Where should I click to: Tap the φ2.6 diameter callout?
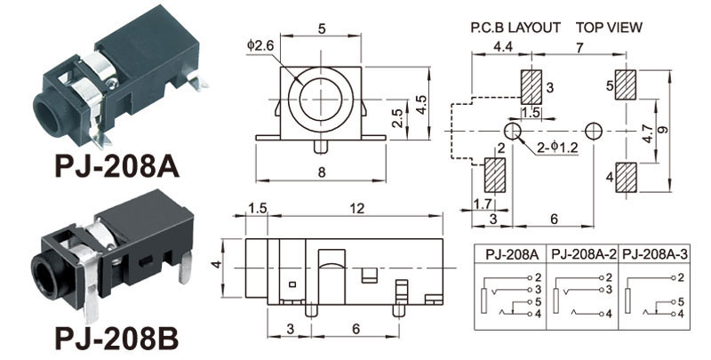pos(261,45)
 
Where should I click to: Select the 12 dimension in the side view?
pos(356,208)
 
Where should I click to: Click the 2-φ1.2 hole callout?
pos(557,147)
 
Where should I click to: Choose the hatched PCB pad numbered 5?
pos(626,86)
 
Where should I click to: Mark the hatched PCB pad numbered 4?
pos(626,175)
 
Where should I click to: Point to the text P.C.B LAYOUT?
pos(515,28)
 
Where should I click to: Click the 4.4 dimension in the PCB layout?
pos(502,44)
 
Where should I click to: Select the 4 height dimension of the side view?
pos(214,265)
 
